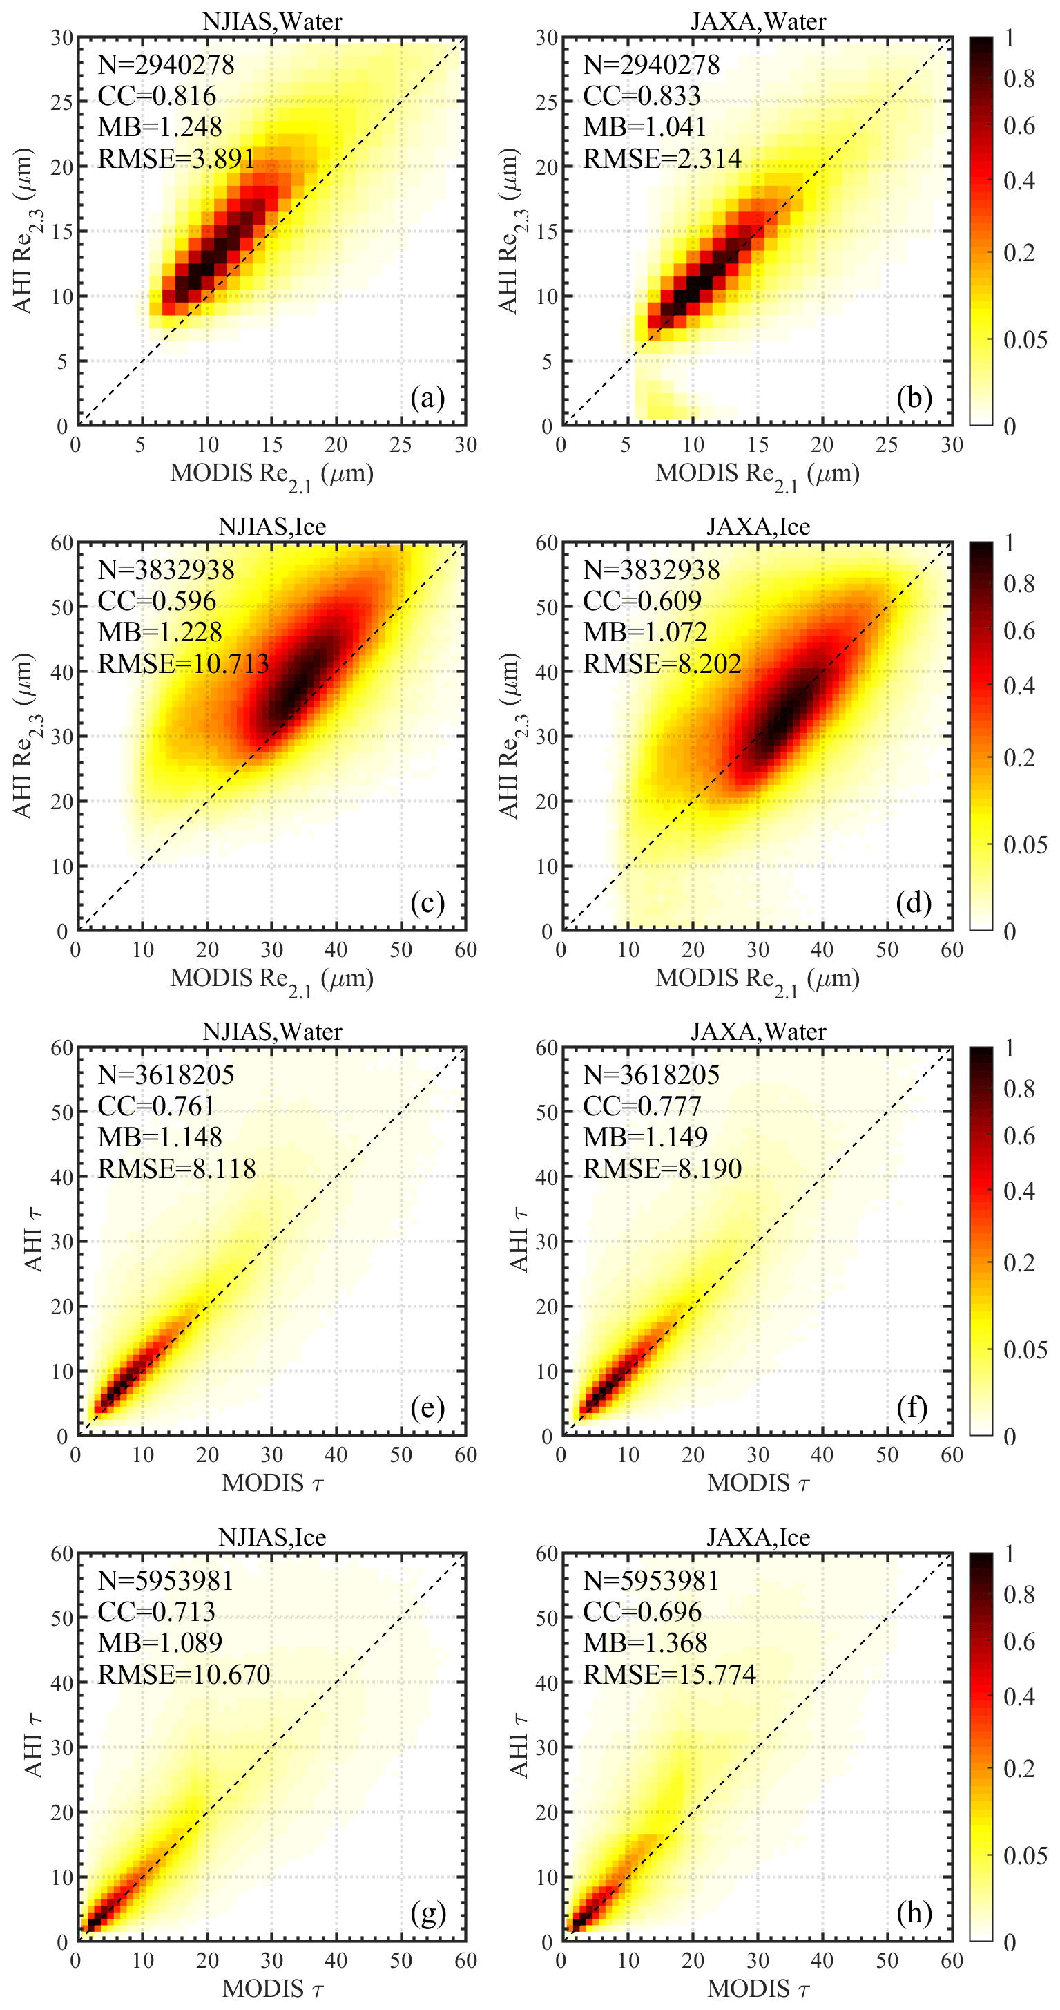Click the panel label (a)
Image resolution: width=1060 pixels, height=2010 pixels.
point(427,398)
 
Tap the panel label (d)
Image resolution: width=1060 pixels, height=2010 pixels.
point(914,903)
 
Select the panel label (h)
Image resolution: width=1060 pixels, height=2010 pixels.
point(914,1913)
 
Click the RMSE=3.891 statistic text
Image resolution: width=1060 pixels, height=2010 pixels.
point(176,158)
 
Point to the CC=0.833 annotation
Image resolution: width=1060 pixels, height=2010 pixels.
point(641,95)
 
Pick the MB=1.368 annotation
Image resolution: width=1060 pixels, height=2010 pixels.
point(645,1642)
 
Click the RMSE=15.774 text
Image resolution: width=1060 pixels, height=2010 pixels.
point(669,1674)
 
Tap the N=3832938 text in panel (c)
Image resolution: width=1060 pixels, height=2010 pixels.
point(165,569)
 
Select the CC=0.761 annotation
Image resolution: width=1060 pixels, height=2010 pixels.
point(156,1106)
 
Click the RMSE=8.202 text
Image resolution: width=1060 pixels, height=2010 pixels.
point(662,663)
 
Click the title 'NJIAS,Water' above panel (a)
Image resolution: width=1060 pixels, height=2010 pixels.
point(272,21)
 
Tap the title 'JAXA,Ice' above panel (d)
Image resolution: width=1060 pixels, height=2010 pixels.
point(758,527)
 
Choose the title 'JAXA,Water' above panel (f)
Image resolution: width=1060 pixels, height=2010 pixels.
point(758,1032)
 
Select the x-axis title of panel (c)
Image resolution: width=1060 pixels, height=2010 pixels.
point(272,979)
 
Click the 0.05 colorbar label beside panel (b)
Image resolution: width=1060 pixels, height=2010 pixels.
point(1025,339)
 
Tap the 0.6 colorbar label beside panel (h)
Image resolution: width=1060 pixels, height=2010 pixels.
point(1019,1641)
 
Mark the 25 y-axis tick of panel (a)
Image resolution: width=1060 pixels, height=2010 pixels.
point(62,102)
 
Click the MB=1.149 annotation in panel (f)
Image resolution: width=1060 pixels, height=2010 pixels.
point(645,1137)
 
